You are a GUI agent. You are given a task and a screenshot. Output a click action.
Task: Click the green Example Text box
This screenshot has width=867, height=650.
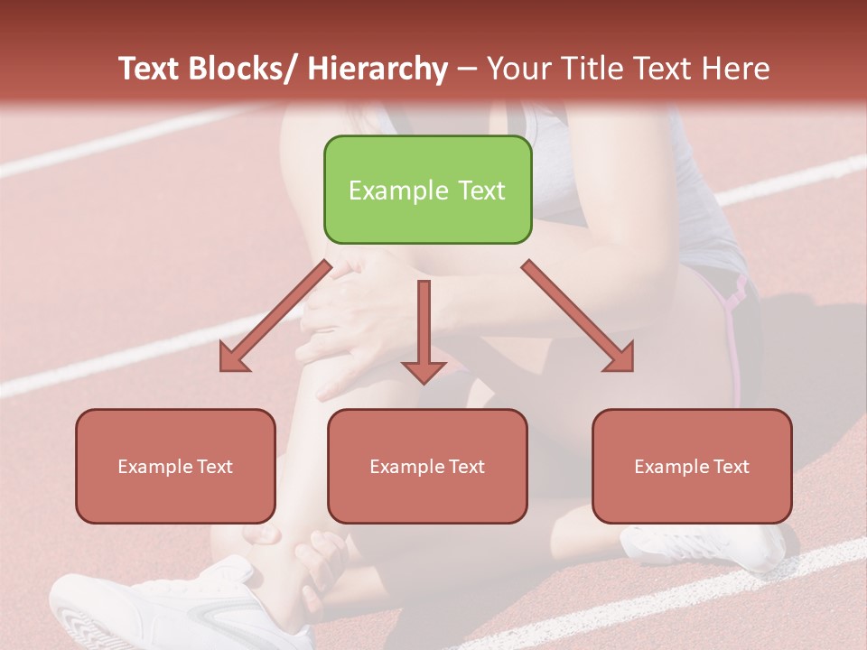[x=427, y=190]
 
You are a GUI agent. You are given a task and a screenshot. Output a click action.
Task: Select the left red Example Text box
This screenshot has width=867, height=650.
[x=175, y=466]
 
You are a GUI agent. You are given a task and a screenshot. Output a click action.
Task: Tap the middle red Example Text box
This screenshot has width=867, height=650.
[x=427, y=466]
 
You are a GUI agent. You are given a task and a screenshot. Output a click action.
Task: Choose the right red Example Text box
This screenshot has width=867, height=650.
[x=692, y=466]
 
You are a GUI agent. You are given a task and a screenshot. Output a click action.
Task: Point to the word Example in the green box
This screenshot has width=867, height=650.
[x=394, y=190]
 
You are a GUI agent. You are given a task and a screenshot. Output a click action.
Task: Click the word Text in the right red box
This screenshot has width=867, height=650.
[x=731, y=467]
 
